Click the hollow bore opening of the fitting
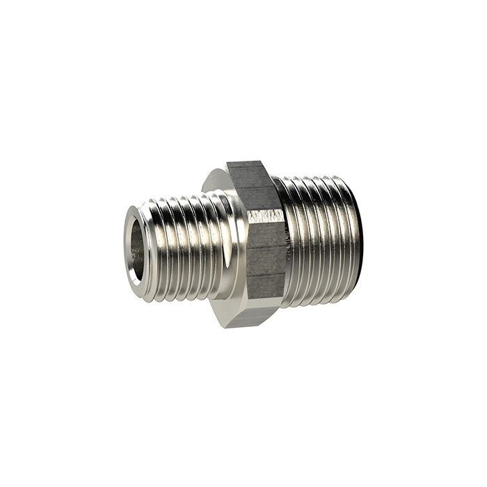137,244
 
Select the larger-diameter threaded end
317,240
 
